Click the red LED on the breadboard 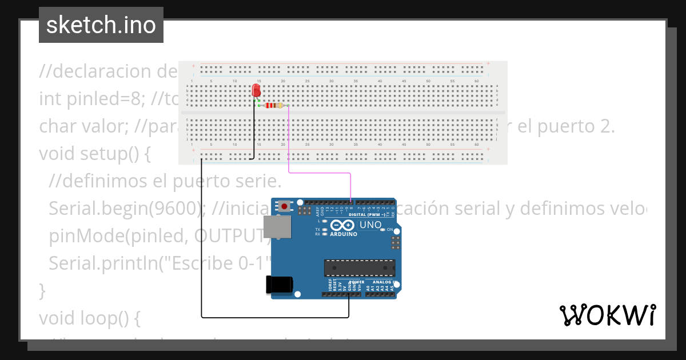[x=256, y=91]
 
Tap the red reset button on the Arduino [x=284, y=206]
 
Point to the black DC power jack [x=280, y=285]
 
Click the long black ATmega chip [x=360, y=267]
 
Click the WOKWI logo [x=607, y=315]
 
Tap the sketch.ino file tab [x=101, y=25]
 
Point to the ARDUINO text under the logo [x=344, y=234]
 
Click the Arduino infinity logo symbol [x=344, y=225]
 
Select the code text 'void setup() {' [x=94, y=154]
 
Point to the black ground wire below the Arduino [x=274, y=317]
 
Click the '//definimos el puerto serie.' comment [x=165, y=181]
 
